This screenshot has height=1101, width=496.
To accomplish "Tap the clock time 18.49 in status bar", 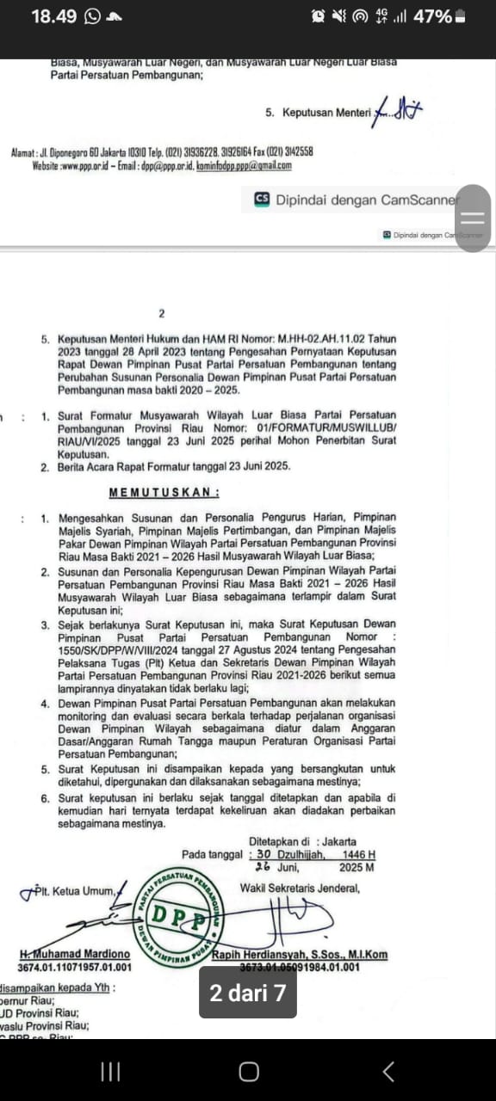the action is (53, 16).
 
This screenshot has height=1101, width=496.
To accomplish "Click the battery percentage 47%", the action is (432, 16).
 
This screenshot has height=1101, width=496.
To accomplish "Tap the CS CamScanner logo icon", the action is (262, 200).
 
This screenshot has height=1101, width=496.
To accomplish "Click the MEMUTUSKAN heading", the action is (164, 493).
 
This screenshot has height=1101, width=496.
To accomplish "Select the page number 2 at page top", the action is (161, 314).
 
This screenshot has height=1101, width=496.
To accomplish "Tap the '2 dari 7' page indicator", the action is (248, 993).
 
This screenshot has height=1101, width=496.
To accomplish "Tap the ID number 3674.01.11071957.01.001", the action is (75, 967).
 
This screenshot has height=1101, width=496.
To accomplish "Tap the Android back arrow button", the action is (388, 1071).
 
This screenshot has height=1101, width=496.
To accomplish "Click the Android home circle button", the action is (248, 1071).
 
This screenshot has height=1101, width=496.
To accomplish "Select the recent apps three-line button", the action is (109, 1071).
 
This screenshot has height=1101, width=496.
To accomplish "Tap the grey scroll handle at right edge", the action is (473, 218).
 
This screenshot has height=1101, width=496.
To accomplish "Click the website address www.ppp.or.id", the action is (86, 166).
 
